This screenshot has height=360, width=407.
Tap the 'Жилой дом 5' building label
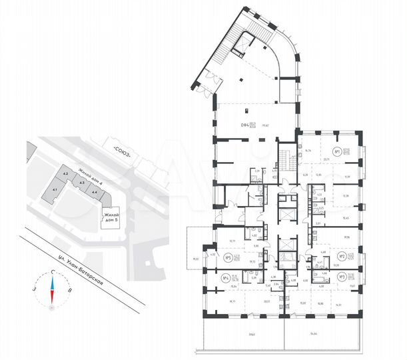click(x=111, y=217)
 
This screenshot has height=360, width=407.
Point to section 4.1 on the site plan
click(x=54, y=191)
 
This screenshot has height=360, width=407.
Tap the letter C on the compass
click(x=53, y=272)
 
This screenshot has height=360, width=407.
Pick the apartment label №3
click(x=340, y=276)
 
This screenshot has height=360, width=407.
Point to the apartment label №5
click(x=228, y=257)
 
